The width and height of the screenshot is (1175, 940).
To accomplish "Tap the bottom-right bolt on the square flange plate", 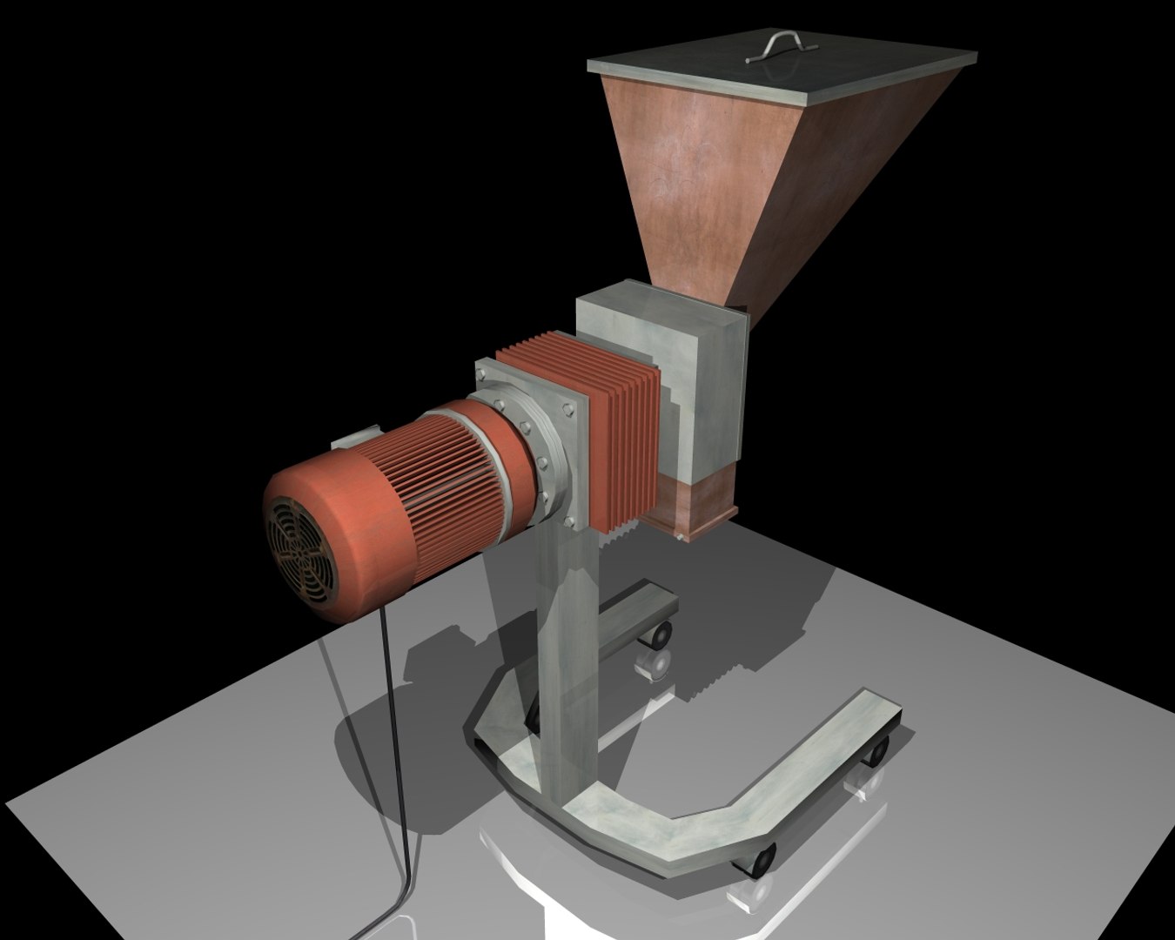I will pyautogui.click(x=570, y=523).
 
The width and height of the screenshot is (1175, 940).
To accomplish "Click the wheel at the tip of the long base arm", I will pyautogui.click(x=877, y=749).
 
